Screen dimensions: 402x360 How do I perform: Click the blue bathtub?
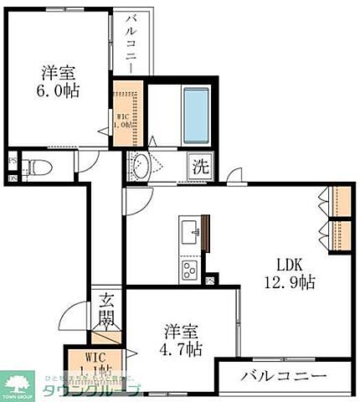click(195, 113)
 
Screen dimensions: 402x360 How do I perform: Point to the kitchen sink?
click(188, 228)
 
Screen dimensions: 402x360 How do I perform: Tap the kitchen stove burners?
click(189, 270)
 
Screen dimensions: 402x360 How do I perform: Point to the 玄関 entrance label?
click(107, 310)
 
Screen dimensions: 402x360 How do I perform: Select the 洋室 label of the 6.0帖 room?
click(58, 72)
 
